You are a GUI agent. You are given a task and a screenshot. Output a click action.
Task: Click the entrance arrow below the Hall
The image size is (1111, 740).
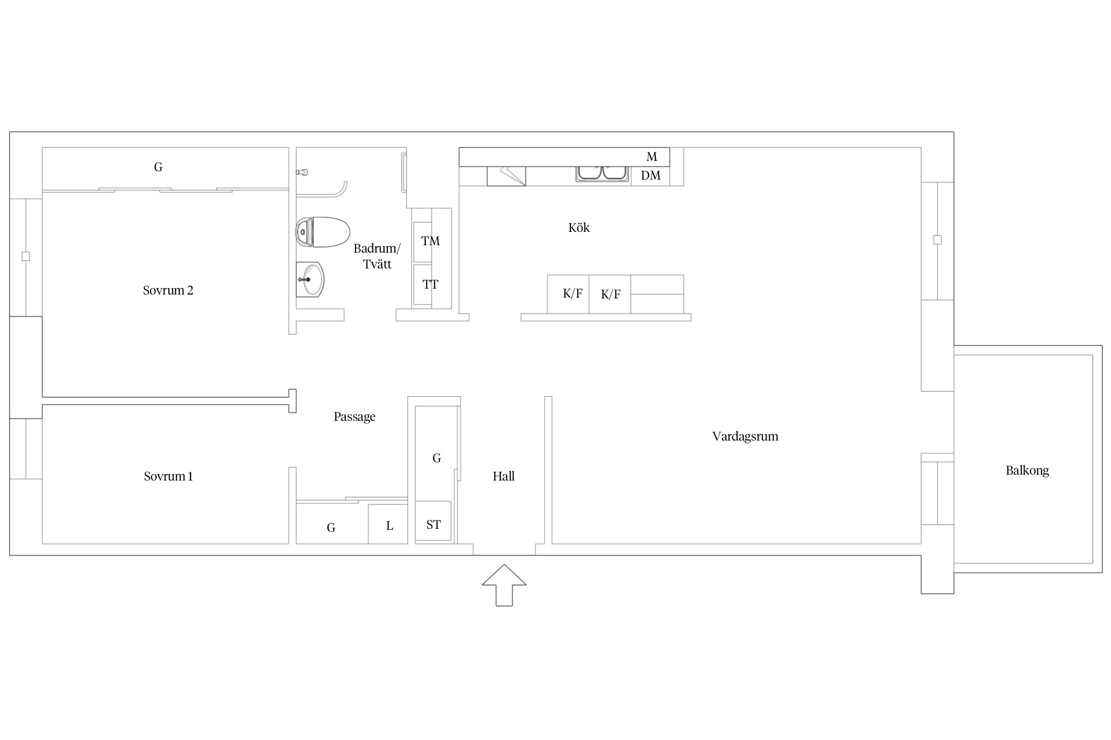pyautogui.click(x=504, y=585)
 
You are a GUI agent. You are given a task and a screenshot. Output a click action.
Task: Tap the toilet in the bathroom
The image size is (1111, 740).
pyautogui.click(x=323, y=232)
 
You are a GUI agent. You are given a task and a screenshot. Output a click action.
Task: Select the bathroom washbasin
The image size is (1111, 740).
pyautogui.click(x=310, y=279)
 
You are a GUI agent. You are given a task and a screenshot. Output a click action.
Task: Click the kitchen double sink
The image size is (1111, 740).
pyautogui.click(x=602, y=173)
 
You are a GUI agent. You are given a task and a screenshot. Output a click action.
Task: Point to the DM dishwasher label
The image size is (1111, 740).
pyautogui.click(x=651, y=176)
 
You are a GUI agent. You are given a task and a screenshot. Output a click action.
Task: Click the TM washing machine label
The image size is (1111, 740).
pyautogui.click(x=430, y=241)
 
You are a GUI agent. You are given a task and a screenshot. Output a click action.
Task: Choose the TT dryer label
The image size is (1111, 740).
pyautogui.click(x=430, y=285)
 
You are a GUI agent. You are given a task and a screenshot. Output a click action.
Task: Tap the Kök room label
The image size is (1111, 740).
pyautogui.click(x=579, y=227)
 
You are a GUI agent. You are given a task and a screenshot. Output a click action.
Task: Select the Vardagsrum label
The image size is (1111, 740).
pyautogui.click(x=745, y=437)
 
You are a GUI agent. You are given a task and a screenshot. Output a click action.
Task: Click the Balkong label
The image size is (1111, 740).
pyautogui.click(x=1027, y=471)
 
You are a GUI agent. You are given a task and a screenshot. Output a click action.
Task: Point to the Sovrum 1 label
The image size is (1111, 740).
pyautogui.click(x=168, y=477)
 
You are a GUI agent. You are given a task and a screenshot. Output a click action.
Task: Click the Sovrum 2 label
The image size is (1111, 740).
pyautogui.click(x=168, y=291)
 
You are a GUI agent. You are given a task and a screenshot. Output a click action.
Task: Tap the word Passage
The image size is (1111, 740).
pyautogui.click(x=355, y=417)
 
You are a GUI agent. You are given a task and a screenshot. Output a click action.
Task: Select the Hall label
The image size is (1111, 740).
pyautogui.click(x=504, y=476)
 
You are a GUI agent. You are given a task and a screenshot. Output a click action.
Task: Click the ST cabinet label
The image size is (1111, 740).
pyautogui.click(x=434, y=525)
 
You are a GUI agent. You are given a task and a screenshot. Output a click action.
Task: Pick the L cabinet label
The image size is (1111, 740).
pyautogui.click(x=390, y=526)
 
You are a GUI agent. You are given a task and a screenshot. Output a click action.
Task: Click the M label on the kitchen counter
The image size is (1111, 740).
pyautogui.click(x=652, y=157)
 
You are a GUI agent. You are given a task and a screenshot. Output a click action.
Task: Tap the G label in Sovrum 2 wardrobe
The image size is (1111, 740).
pyautogui.click(x=158, y=167)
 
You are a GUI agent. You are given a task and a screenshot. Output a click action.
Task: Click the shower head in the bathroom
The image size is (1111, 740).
pyautogui.click(x=302, y=172)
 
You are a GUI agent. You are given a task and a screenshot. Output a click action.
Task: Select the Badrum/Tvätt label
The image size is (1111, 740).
pyautogui.click(x=377, y=256)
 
